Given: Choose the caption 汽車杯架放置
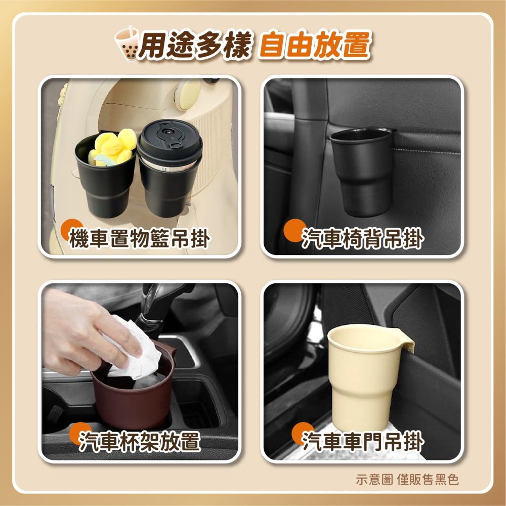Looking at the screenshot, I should pos(139,442).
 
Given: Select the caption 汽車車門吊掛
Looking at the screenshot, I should pos(362,442).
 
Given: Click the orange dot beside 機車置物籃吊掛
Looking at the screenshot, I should pos(73,229).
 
